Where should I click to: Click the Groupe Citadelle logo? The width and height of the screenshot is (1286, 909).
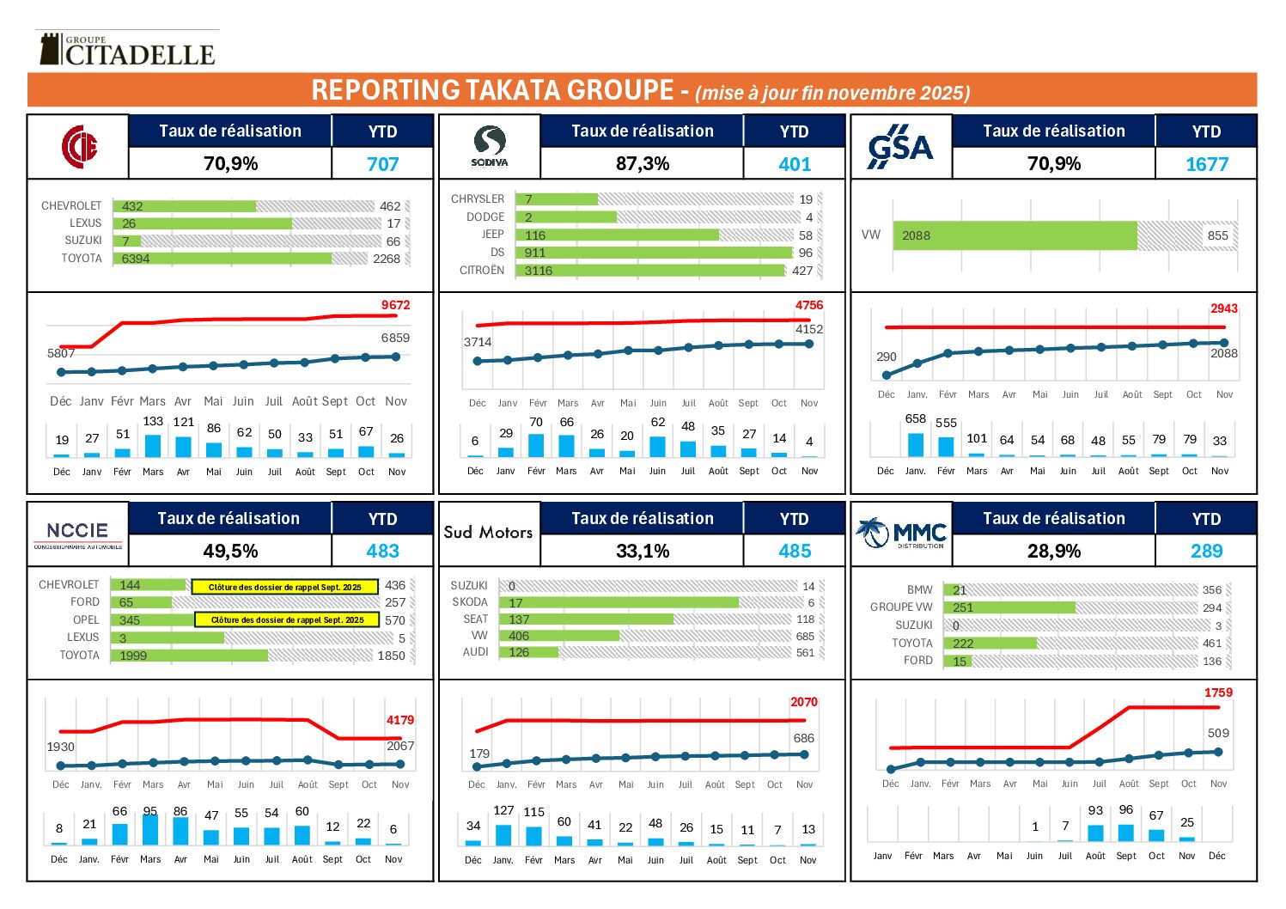(x=125, y=50)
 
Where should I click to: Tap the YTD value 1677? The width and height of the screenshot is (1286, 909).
(x=1206, y=164)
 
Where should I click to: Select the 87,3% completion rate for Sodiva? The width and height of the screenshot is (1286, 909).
(x=642, y=163)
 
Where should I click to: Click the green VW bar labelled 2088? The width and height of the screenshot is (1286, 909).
(x=1015, y=235)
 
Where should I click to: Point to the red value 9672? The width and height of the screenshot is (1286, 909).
(x=395, y=305)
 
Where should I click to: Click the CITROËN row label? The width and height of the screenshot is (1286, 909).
(x=482, y=271)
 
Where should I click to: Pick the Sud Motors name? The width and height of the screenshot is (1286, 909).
(x=488, y=533)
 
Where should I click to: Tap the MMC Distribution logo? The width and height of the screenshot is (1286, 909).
(x=901, y=534)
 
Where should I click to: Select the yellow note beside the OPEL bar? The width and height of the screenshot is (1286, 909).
(x=287, y=619)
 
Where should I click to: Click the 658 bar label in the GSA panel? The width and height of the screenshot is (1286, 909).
(x=915, y=419)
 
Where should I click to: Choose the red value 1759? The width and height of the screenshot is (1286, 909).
(x=1217, y=692)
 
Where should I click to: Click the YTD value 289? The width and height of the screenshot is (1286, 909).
(x=1206, y=552)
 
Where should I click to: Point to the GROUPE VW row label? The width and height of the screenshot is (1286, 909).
(x=900, y=607)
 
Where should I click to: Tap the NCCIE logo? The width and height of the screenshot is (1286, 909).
(x=77, y=534)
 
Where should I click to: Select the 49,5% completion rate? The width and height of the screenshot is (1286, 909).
(x=230, y=552)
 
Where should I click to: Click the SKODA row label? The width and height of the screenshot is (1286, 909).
(x=470, y=602)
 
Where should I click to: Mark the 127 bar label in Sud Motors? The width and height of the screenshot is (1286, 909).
(x=503, y=810)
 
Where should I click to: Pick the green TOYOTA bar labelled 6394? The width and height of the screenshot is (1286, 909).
(x=222, y=259)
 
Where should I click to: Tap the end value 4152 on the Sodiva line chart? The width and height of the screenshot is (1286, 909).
(x=808, y=329)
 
